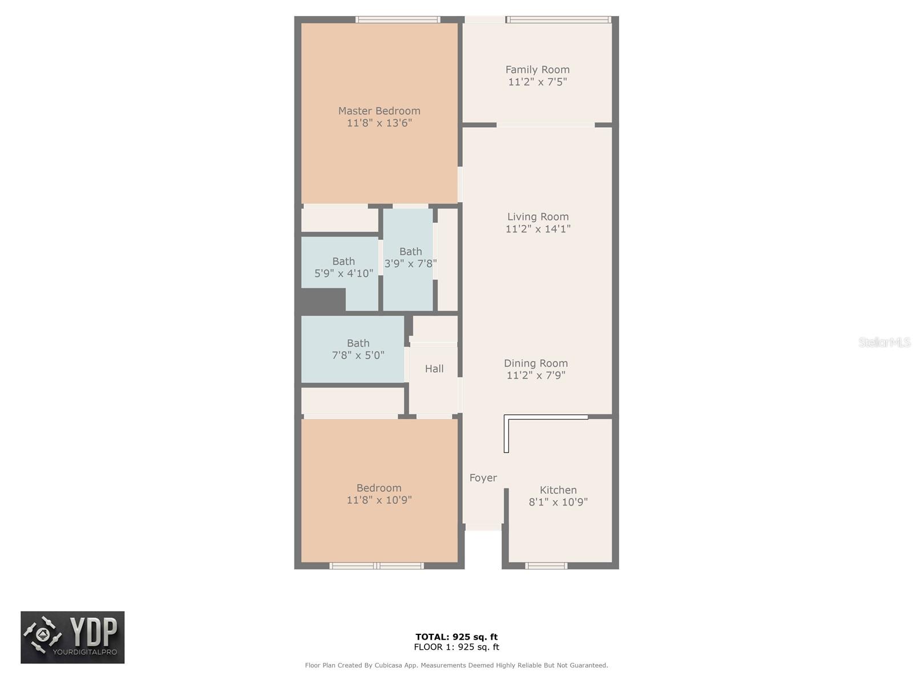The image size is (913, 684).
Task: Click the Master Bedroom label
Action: click(379, 111)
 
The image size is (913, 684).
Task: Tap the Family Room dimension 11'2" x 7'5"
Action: click(537, 82)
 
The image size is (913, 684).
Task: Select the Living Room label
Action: click(538, 217)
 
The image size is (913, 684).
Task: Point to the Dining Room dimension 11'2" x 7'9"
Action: click(535, 376)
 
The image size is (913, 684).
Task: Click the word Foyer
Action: click(483, 478)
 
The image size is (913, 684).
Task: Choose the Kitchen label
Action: click(558, 490)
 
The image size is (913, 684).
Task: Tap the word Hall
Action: click(434, 369)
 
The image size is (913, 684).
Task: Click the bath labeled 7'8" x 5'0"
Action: click(358, 349)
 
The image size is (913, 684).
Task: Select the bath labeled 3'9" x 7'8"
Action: click(410, 258)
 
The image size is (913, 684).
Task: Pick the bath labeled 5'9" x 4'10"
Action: click(344, 267)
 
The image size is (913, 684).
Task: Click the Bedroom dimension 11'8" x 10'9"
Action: click(379, 500)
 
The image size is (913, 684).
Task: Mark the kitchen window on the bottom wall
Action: click(546, 566)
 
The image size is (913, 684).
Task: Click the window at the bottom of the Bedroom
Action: click(377, 566)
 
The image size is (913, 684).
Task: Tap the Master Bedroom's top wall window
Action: click(398, 19)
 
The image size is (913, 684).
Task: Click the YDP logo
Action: click(72, 637)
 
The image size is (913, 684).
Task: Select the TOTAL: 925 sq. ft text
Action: click(457, 637)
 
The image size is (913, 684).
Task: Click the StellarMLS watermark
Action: click(884, 342)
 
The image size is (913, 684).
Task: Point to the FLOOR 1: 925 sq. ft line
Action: click(457, 647)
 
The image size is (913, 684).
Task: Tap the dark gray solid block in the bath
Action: click(323, 300)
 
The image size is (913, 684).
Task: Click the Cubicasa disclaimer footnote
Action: click(457, 665)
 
